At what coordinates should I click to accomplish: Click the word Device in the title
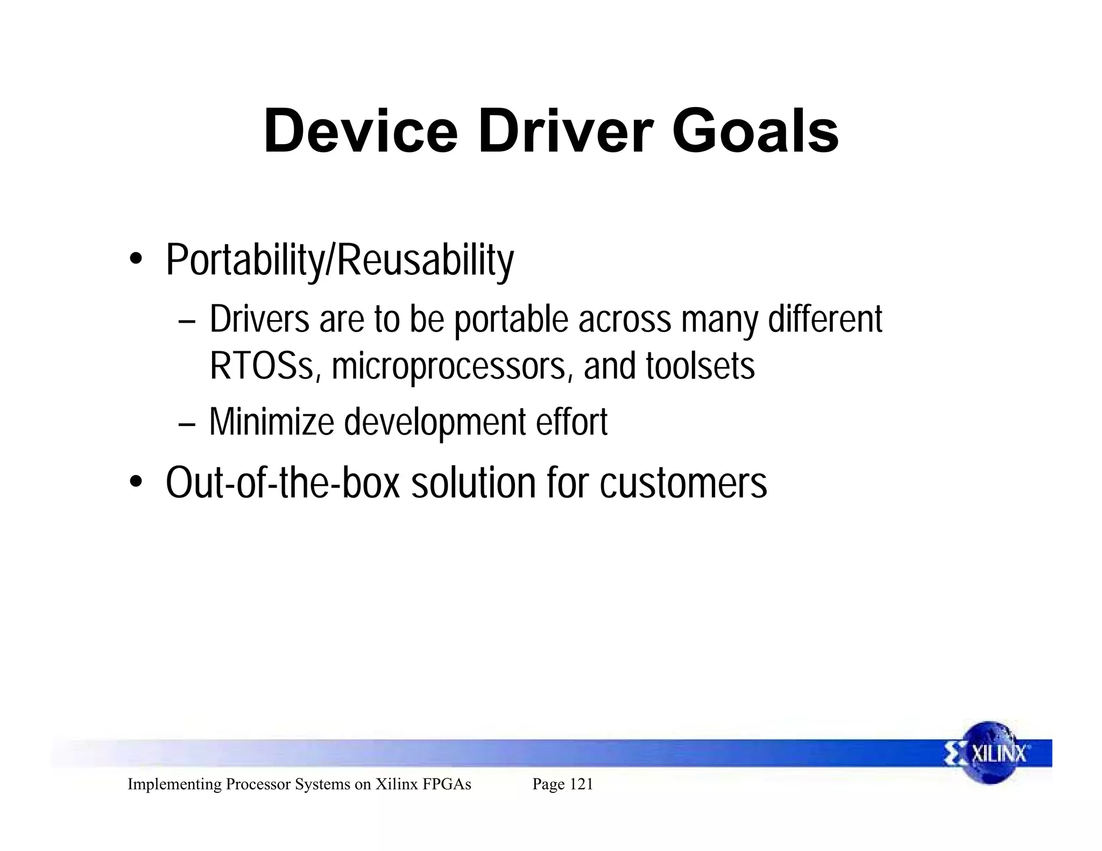pos(360,132)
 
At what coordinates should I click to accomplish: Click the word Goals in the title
pos(755,132)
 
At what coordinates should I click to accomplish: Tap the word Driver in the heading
pos(564,132)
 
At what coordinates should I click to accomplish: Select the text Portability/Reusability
pos(340,260)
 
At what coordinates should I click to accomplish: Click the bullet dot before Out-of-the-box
pos(136,481)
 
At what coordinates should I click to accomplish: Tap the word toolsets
pos(700,366)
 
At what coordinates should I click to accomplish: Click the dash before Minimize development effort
pos(186,423)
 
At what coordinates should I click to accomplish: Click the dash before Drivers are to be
pos(186,322)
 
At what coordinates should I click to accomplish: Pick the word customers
pos(683,483)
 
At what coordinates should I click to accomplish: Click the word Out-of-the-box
pos(283,483)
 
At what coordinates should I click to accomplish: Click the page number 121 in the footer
pos(581,784)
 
